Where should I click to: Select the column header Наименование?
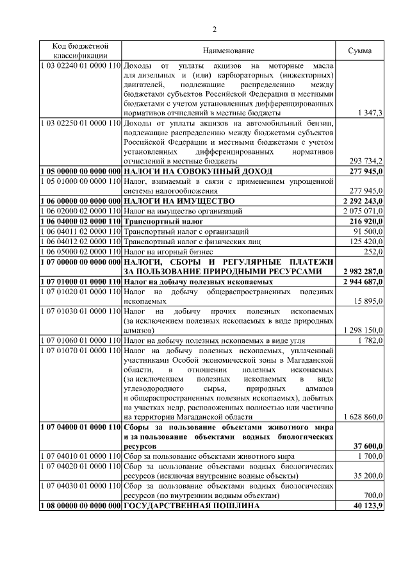pyautogui.click(x=229, y=51)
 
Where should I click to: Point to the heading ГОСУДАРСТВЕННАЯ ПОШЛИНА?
pyautogui.click(x=192, y=506)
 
